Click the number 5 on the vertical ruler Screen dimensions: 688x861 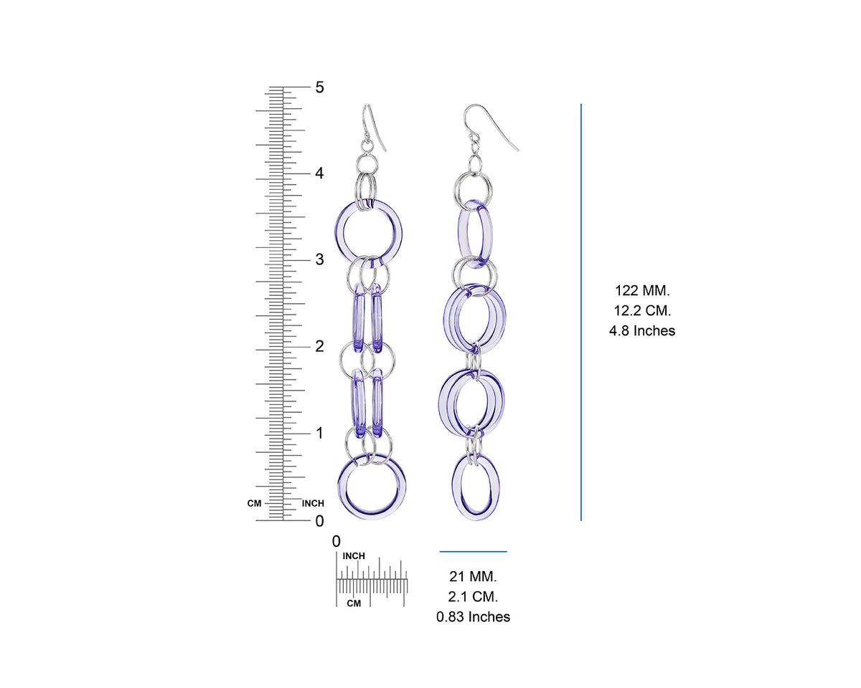(x=319, y=87)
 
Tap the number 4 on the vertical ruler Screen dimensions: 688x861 (x=319, y=173)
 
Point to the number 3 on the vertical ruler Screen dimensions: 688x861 (x=319, y=259)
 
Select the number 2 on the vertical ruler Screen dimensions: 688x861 (x=319, y=346)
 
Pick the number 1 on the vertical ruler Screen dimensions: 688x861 (x=319, y=433)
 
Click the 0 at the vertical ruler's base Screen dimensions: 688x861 (x=319, y=520)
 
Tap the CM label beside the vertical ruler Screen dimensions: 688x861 (x=255, y=503)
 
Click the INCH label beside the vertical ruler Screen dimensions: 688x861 (x=313, y=503)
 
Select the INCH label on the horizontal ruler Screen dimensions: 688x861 (x=354, y=556)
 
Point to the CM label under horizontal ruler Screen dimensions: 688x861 (x=354, y=603)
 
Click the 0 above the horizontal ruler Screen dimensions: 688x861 (x=337, y=542)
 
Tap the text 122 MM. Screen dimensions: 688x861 (x=642, y=290)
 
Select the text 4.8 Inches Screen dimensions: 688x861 (x=642, y=330)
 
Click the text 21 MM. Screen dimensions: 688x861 (x=474, y=576)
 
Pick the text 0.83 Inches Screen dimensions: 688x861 (x=474, y=616)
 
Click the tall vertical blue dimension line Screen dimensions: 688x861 (x=581, y=312)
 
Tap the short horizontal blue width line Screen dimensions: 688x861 (x=474, y=552)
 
